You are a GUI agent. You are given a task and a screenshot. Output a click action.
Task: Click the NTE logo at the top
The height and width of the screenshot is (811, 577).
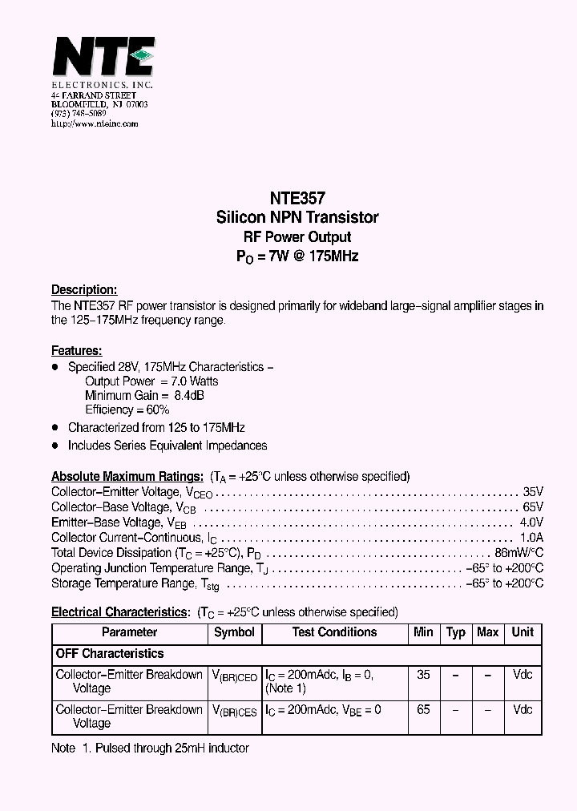(x=103, y=58)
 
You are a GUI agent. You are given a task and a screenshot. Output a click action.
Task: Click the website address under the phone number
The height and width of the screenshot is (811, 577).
(x=95, y=124)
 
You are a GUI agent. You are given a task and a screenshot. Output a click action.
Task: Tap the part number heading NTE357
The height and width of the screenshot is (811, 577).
(x=297, y=198)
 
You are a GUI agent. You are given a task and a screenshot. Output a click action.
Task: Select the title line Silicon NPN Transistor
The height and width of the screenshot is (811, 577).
(x=297, y=217)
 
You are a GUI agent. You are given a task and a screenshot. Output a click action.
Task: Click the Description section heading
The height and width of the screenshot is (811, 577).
(x=84, y=290)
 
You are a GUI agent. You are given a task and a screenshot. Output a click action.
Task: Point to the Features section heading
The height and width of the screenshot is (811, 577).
(x=76, y=351)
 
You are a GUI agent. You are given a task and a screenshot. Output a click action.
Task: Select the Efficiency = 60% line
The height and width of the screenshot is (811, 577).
(x=127, y=410)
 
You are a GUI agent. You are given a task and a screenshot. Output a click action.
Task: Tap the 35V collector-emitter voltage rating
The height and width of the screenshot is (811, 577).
(x=533, y=492)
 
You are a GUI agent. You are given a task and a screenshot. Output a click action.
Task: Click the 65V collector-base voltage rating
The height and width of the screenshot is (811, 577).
(x=533, y=507)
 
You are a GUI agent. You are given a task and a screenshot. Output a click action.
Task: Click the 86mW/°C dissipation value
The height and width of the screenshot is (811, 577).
(x=519, y=553)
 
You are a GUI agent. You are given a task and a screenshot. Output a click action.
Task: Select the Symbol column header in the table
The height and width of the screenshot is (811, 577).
(x=234, y=632)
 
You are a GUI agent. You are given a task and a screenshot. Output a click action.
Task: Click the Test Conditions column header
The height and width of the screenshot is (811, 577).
(x=334, y=632)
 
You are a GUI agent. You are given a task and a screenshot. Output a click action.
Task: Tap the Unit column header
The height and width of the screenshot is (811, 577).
(x=523, y=632)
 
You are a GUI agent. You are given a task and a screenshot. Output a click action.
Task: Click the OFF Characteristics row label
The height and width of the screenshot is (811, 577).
(x=110, y=654)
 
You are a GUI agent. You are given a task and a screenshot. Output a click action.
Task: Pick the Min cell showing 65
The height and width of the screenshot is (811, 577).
(x=423, y=710)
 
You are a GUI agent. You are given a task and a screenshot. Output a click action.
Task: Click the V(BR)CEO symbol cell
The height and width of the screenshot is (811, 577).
(x=234, y=676)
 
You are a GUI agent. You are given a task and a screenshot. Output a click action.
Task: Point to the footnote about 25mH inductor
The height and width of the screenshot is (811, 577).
(x=150, y=748)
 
